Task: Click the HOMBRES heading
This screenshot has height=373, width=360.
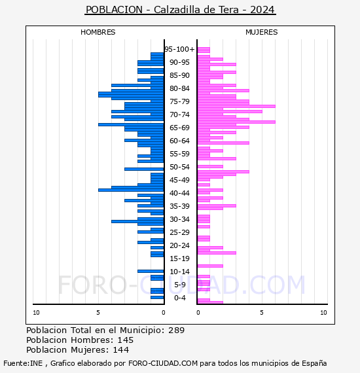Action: (98, 32)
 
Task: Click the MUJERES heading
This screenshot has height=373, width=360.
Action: (262, 32)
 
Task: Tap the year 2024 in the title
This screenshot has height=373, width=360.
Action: (262, 10)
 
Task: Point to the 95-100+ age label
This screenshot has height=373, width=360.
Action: (179, 49)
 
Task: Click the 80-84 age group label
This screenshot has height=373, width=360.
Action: (179, 88)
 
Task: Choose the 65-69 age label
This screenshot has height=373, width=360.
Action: (179, 128)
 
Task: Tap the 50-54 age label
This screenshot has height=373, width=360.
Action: (179, 167)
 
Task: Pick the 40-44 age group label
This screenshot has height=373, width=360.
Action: (179, 193)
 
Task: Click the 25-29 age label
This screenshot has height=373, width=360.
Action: (179, 232)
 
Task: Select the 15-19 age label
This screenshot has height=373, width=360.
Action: (179, 258)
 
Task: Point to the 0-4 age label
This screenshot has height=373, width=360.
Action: (180, 298)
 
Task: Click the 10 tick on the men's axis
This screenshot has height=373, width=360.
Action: (36, 313)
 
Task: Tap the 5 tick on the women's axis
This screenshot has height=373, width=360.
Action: (262, 313)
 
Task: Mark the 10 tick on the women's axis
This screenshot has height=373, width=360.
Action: (323, 313)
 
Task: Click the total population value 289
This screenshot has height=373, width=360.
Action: (176, 330)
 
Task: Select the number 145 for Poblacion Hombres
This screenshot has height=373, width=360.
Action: (126, 340)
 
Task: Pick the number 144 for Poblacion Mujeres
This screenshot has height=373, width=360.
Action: (121, 350)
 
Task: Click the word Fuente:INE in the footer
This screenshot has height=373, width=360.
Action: (23, 363)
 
